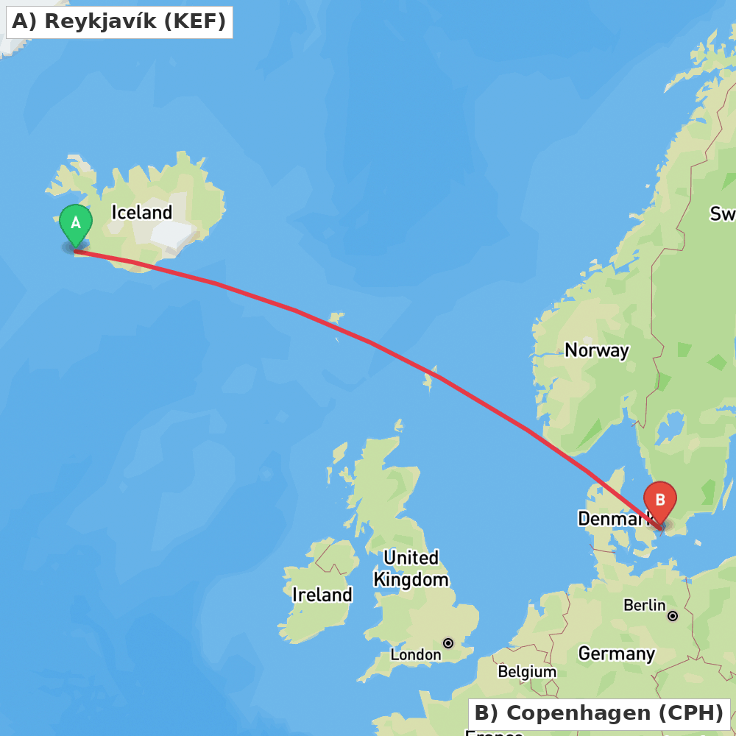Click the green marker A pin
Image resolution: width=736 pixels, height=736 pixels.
point(75,223)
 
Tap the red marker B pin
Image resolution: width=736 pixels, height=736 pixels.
point(660,501)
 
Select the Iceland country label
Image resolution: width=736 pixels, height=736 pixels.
point(141,213)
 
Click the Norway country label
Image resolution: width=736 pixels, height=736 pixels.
point(596,350)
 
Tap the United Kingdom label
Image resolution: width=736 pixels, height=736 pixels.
point(411,568)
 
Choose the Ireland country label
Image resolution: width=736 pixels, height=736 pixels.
point(322,595)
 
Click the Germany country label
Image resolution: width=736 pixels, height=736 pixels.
point(616,654)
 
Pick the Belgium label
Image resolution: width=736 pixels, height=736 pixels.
point(527,672)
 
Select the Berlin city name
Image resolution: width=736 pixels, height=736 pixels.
point(644,605)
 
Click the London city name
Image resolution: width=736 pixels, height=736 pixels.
point(415,654)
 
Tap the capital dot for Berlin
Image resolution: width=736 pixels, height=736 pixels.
point(672,615)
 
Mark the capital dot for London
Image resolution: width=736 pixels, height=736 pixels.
point(447,643)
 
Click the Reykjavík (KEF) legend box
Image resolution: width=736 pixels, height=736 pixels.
point(119,22)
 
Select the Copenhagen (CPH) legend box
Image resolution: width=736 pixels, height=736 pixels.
point(598,713)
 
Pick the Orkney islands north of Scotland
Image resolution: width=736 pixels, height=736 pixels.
point(398,426)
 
